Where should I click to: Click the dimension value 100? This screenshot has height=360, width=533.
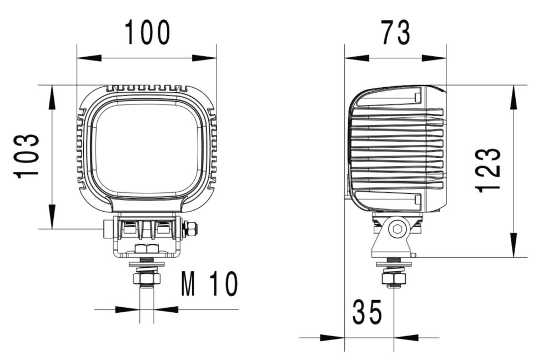click(x=147, y=33)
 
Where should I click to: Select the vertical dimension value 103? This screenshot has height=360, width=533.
click(x=28, y=156)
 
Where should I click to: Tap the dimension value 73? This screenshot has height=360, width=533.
click(x=395, y=33)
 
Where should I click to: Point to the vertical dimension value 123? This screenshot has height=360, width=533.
click(x=489, y=170)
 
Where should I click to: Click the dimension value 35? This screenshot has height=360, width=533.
click(x=367, y=313)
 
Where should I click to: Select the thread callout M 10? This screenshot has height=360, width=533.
click(x=209, y=284)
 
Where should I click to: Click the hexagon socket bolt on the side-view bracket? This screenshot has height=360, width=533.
click(x=396, y=229)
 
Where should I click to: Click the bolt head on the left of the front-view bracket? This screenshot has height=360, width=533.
click(x=108, y=228)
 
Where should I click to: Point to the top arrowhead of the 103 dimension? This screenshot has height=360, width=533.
click(x=52, y=97)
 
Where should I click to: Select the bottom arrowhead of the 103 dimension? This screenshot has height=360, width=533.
click(x=52, y=216)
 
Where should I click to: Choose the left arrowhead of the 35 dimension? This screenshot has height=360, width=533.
click(x=333, y=337)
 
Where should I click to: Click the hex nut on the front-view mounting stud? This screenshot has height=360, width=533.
click(x=147, y=277)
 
